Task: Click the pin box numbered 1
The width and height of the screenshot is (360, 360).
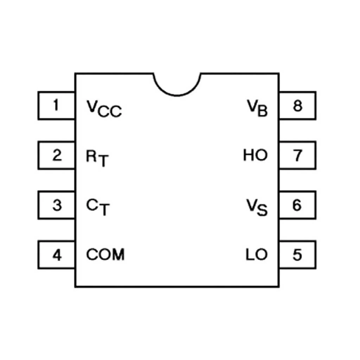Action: click(x=56, y=105)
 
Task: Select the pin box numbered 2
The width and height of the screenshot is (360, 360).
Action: click(x=56, y=155)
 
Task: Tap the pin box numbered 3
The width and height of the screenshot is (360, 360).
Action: click(x=56, y=205)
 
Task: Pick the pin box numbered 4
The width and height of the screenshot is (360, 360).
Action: click(x=56, y=255)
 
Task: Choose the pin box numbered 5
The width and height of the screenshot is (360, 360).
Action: click(x=297, y=255)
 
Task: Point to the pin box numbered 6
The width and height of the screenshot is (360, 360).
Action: click(x=297, y=205)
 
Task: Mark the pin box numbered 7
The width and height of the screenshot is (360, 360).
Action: click(x=297, y=155)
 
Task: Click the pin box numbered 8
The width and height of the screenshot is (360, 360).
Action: click(x=297, y=105)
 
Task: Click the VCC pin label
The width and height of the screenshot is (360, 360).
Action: click(x=104, y=108)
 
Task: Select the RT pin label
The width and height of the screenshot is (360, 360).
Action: click(x=98, y=158)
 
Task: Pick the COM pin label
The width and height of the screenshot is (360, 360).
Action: click(x=105, y=255)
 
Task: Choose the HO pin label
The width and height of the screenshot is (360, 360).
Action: click(x=256, y=155)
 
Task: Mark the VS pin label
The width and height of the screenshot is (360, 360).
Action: click(x=257, y=207)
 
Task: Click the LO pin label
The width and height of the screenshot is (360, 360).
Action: click(x=257, y=255)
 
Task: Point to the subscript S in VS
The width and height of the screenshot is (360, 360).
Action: click(x=263, y=211)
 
